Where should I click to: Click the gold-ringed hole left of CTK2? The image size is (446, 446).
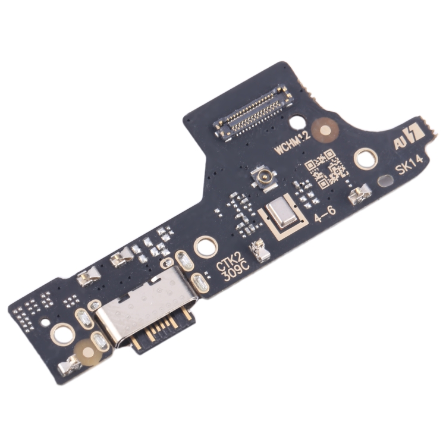(205, 245)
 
